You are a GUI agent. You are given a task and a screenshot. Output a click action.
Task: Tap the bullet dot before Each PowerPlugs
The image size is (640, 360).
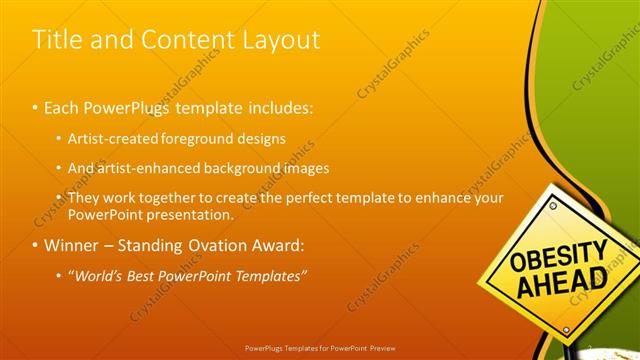pos(35,106)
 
